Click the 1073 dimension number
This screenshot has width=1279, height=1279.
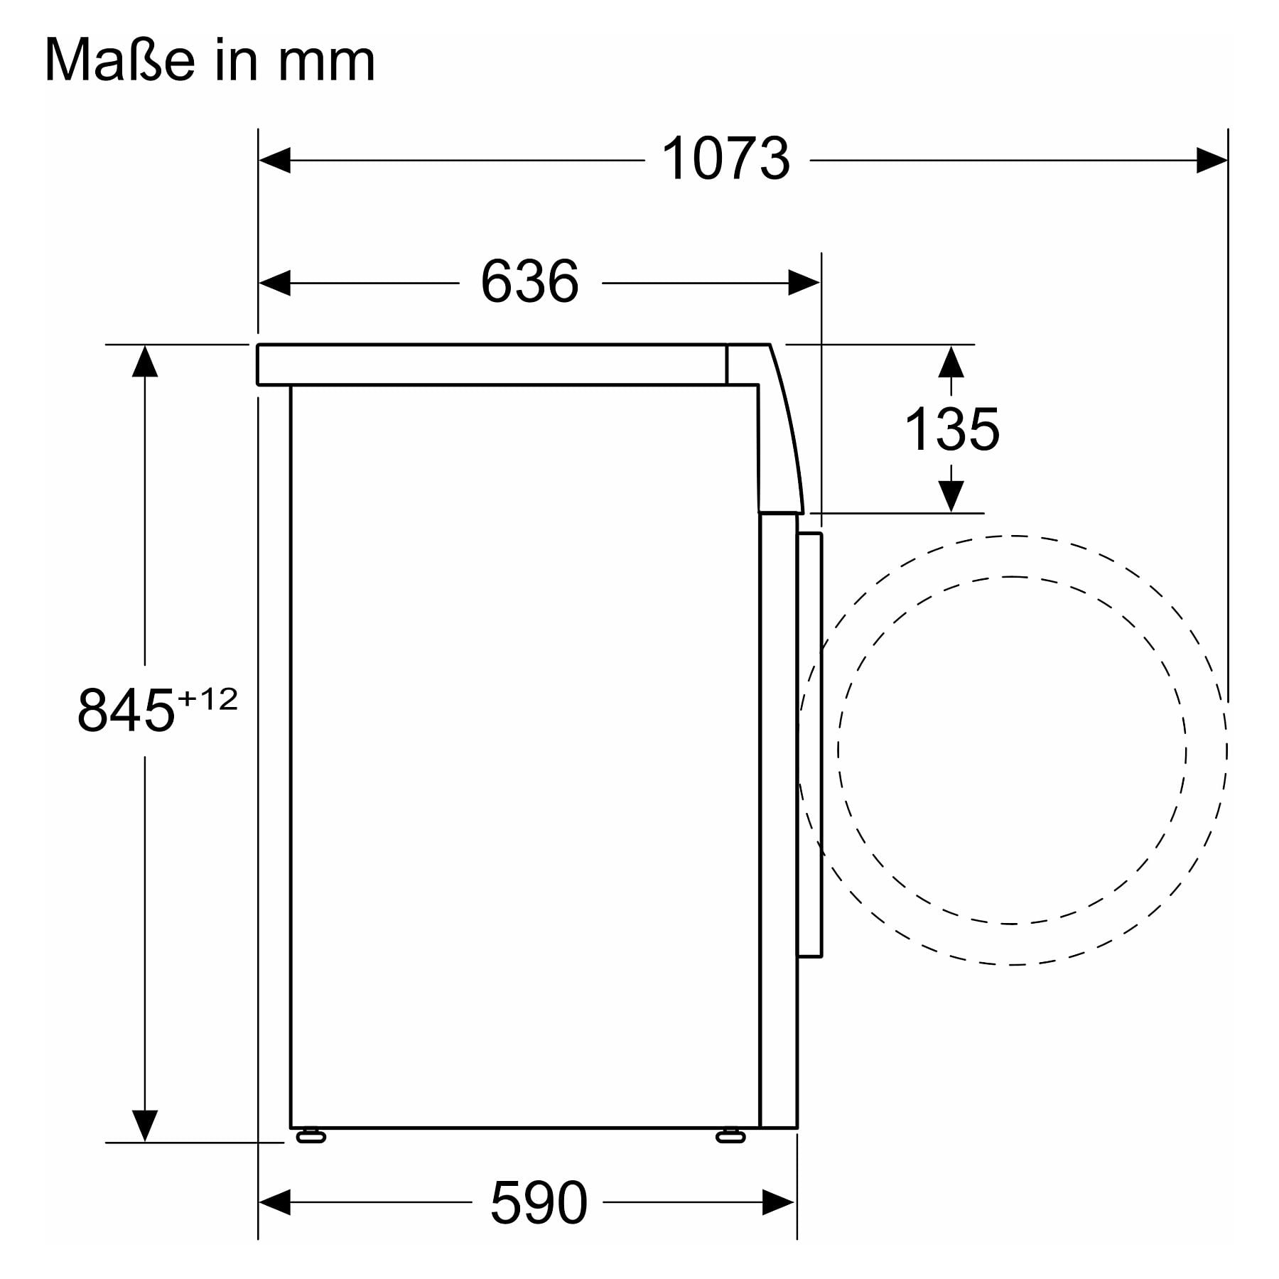tap(725, 159)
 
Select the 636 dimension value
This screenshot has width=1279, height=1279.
tap(529, 282)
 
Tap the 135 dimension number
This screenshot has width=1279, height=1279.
tap(951, 429)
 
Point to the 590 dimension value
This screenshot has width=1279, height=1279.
tap(539, 1202)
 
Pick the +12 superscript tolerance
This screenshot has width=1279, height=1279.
tap(207, 700)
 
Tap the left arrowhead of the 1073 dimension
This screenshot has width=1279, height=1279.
tap(274, 160)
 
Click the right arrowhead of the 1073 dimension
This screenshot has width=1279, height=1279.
tap(1211, 160)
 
